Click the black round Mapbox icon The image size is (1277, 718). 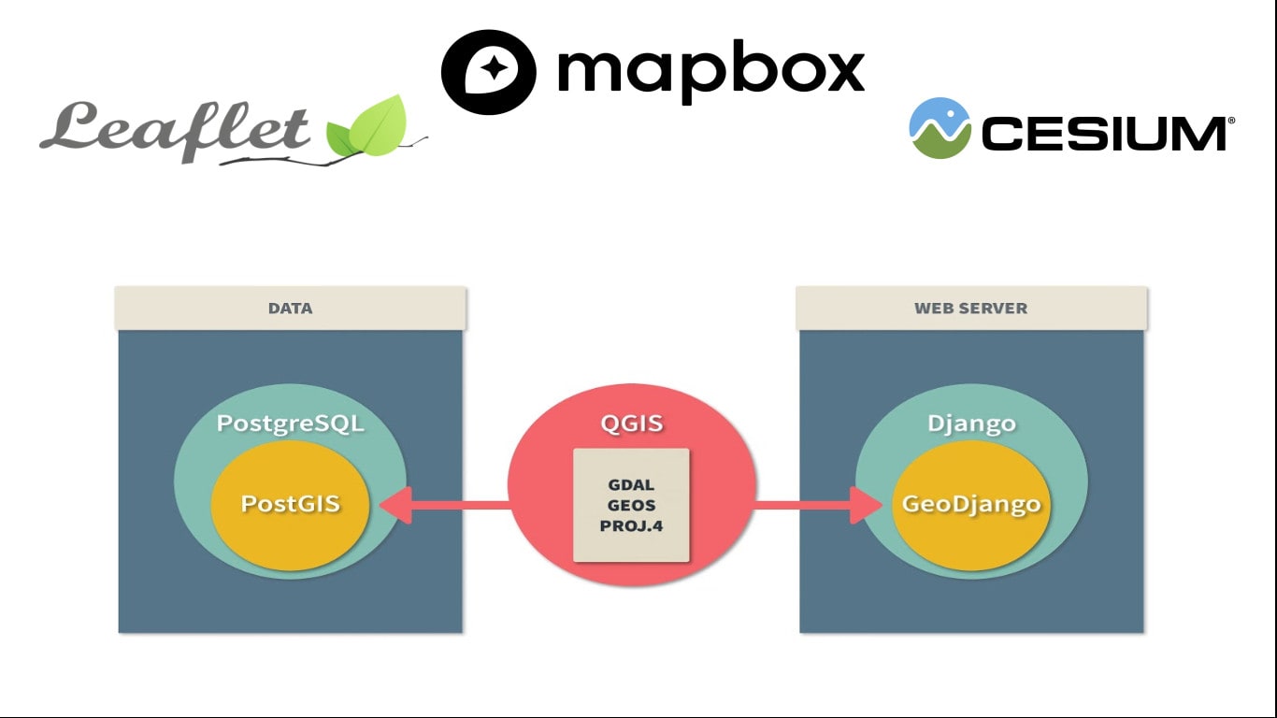pyautogui.click(x=488, y=72)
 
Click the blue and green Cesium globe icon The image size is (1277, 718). pyautogui.click(x=940, y=128)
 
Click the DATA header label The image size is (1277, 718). pyautogui.click(x=290, y=308)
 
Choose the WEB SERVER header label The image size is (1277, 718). pyautogui.click(x=970, y=308)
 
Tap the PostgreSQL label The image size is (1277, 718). pyautogui.click(x=290, y=424)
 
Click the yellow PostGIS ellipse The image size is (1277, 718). pyautogui.click(x=290, y=505)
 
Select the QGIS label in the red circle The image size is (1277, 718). pyautogui.click(x=631, y=424)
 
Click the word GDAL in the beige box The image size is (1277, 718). pyautogui.click(x=631, y=485)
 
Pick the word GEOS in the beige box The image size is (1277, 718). pyautogui.click(x=631, y=506)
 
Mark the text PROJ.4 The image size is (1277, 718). pyautogui.click(x=631, y=525)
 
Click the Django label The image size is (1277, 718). pyautogui.click(x=971, y=424)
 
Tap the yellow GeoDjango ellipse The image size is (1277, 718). pyautogui.click(x=971, y=505)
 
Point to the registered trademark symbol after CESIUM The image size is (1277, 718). pyautogui.click(x=1231, y=121)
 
